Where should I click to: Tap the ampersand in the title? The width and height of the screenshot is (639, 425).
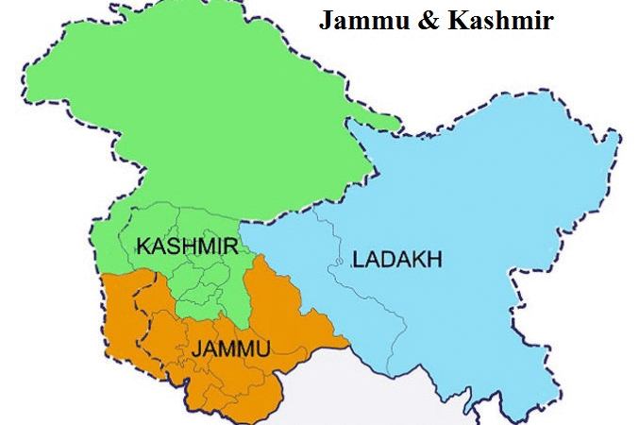click(424, 22)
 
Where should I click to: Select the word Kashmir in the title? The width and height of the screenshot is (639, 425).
click(494, 22)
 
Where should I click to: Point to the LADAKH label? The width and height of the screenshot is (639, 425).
click(396, 258)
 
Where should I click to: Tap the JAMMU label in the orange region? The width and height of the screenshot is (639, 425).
click(230, 349)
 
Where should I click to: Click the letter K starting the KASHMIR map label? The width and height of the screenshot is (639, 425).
click(143, 246)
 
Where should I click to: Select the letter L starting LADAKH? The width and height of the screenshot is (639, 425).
click(358, 258)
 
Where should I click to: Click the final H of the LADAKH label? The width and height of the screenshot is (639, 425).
click(435, 258)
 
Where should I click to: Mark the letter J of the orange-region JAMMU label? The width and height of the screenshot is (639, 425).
click(195, 349)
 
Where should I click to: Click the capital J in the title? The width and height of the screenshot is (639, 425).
click(326, 22)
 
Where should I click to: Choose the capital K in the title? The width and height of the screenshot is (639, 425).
click(452, 22)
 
